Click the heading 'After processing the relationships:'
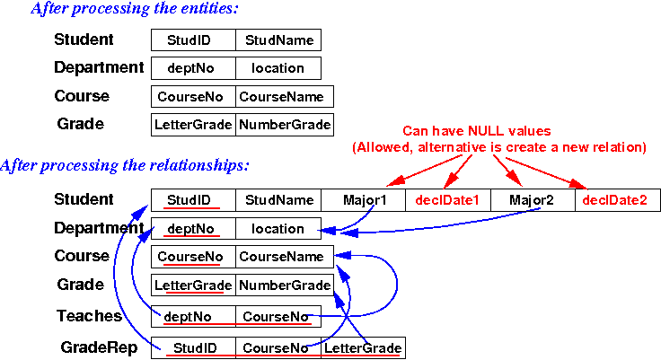click(125, 166)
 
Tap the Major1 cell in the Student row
click(363, 200)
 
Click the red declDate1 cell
click(447, 200)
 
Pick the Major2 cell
click(533, 200)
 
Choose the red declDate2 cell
click(615, 200)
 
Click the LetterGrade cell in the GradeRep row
click(362, 348)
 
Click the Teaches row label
click(89, 316)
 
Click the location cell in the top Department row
click(278, 67)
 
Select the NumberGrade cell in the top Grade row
click(285, 125)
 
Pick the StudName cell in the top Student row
click(278, 40)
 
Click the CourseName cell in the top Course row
click(285, 96)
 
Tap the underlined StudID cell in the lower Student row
click(192, 200)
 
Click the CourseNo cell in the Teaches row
click(278, 316)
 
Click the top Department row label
click(98, 67)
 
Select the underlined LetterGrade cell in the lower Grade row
click(193, 285)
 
